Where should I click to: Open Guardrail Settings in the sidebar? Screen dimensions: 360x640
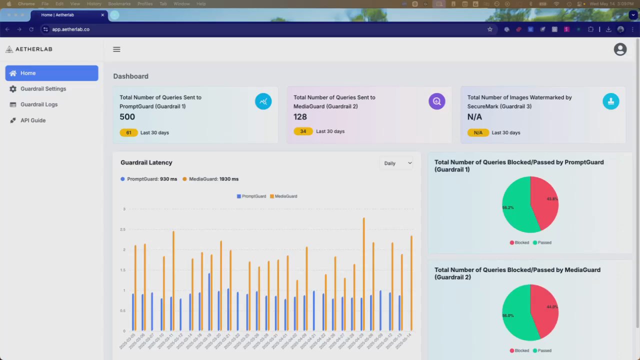pos(43,89)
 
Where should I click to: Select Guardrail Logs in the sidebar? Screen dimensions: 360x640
pos(39,104)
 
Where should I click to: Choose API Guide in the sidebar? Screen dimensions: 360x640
pos(33,120)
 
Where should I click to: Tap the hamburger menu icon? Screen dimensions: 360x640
pos(116,49)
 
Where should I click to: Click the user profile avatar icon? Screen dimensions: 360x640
pos(620,49)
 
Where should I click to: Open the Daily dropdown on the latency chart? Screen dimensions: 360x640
pos(397,163)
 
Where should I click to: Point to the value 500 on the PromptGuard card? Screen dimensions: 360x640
pos(127,117)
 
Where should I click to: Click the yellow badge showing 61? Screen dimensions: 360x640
pos(128,133)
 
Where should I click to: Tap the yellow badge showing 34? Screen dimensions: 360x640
pos(303,131)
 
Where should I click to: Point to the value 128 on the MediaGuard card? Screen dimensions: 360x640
pos(300,117)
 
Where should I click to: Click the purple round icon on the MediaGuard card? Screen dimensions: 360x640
pos(436,101)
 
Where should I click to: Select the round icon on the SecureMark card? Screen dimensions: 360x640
pos(610,101)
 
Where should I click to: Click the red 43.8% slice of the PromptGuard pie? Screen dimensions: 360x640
pos(544,202)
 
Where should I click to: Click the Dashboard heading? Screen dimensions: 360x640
pos(130,76)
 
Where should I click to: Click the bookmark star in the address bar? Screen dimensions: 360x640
pos(490,29)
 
